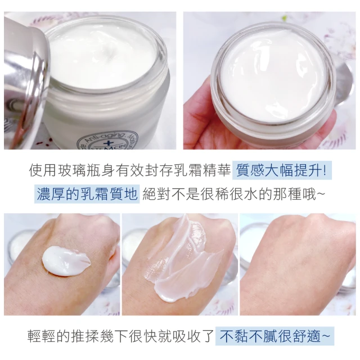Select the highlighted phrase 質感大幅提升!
coord(282,170)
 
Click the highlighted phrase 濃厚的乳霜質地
coord(87,194)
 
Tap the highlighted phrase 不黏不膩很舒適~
coord(274,336)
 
